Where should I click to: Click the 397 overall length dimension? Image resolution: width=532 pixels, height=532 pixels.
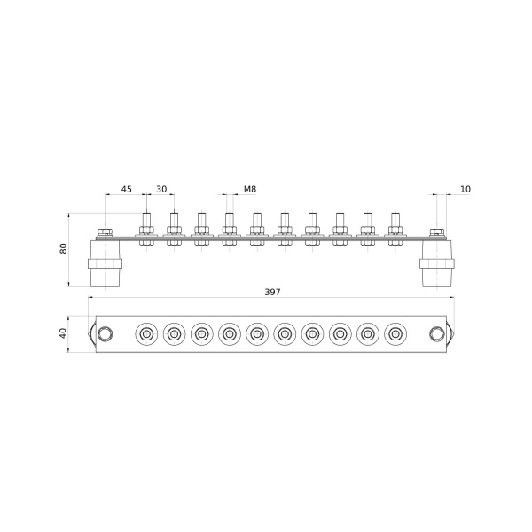pos(272,292)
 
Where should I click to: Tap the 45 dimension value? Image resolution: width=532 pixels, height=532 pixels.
pos(127,189)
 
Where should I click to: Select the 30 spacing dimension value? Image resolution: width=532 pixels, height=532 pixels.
pos(161,189)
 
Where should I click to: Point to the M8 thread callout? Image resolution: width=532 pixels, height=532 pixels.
pos(250,189)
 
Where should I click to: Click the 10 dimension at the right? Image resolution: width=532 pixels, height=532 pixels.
pos(465,189)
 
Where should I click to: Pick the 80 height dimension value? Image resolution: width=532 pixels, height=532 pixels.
pos(64,248)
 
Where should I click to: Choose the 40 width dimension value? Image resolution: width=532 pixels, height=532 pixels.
pos(63,333)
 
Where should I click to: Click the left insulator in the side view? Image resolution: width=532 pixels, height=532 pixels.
pos(105,263)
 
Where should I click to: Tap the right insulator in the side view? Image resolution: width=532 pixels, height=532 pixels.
pos(437,263)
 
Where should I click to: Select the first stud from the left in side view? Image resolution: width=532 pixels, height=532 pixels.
pos(146,229)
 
